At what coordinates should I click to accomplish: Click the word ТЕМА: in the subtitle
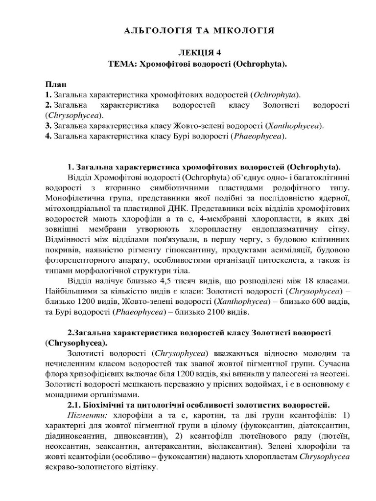point(122,64)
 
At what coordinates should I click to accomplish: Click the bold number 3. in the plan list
point(48,126)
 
